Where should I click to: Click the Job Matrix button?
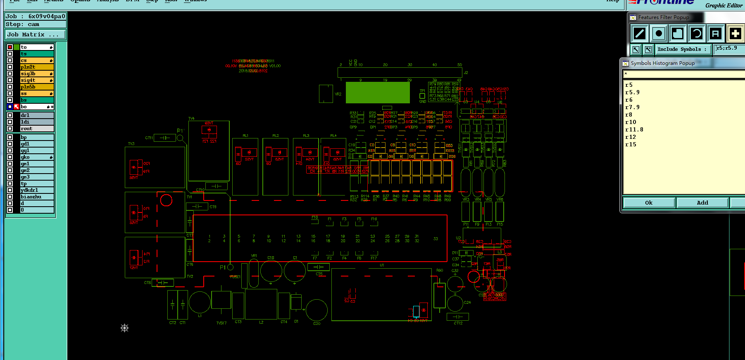[35, 35]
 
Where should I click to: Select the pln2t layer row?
[36, 67]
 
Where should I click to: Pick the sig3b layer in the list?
[36, 74]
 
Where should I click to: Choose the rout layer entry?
[36, 129]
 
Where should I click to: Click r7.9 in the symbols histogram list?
[632, 107]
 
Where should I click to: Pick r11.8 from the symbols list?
[634, 130]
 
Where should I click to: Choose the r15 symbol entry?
[631, 145]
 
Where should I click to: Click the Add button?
[702, 203]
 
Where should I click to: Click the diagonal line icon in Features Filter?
[639, 33]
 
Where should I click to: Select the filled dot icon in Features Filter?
[659, 33]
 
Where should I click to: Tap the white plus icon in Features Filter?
[735, 33]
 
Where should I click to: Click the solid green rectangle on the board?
[377, 92]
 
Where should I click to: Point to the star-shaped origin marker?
[124, 328]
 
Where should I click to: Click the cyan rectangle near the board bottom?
[416, 311]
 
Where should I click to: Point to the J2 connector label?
[466, 73]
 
